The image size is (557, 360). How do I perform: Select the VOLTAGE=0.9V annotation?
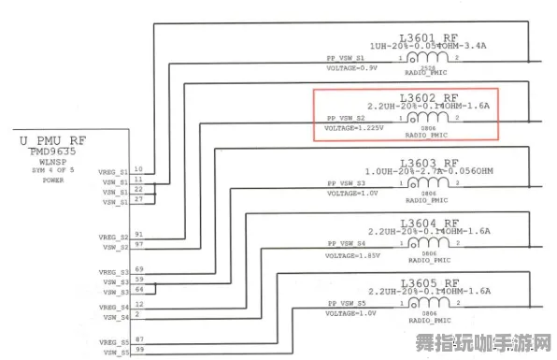coord(350,68)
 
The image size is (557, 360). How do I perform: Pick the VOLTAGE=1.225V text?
coord(354,127)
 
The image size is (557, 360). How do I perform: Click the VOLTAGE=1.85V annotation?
coord(352,253)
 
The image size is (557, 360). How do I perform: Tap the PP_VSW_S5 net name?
coord(346,303)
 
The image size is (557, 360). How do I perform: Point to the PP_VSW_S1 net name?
coord(346,57)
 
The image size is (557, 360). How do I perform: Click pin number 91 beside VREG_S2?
coord(138,234)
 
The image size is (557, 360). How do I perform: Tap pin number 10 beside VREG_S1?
coord(138,168)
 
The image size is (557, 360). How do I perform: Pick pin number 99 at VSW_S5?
coord(138,350)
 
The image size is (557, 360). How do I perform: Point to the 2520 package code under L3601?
coord(428,68)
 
